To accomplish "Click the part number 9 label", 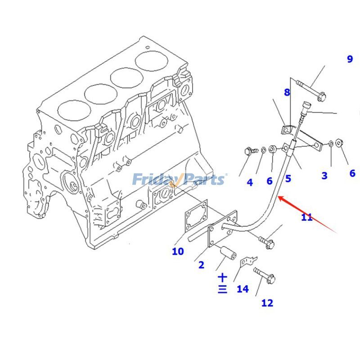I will pos(350,59).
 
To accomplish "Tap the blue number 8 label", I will pos(287,92).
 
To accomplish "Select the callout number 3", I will pos(324,175).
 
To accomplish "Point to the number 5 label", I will pos(288,178).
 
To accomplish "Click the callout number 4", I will pos(250,182).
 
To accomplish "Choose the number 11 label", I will pos(306,217).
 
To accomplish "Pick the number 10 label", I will pos(178,251).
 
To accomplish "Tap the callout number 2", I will pos(201,265).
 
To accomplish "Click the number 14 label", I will pos(243,288).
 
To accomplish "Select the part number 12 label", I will pos(267,303).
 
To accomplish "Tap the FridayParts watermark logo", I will pos(179,180).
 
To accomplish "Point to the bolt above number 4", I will pos(250,151).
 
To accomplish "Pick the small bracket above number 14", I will pos(247,261).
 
